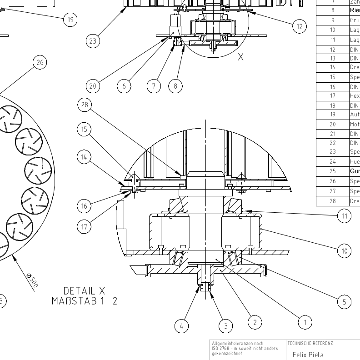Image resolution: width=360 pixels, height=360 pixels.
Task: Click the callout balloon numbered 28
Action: coord(85,105)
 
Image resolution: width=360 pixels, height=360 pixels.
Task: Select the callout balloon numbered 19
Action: coord(70,19)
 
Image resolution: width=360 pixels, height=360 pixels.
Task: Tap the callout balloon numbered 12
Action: coord(299,26)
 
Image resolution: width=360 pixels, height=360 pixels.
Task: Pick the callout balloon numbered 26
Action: coord(40,62)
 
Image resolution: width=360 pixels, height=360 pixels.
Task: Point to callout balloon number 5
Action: coord(344,301)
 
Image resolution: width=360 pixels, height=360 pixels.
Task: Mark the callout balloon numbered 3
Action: coord(225,325)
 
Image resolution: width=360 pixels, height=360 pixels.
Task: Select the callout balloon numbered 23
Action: coord(93,41)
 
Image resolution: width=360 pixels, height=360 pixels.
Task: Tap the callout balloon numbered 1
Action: coord(305,323)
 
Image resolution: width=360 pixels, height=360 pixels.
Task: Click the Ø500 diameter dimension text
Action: coord(32,280)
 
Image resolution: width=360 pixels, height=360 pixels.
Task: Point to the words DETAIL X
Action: coord(85,290)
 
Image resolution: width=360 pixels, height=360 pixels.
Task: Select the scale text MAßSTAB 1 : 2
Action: coord(85,300)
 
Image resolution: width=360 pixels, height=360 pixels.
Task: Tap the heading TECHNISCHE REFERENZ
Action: coord(307,343)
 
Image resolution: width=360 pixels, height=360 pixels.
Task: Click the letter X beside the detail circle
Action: coord(241,57)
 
